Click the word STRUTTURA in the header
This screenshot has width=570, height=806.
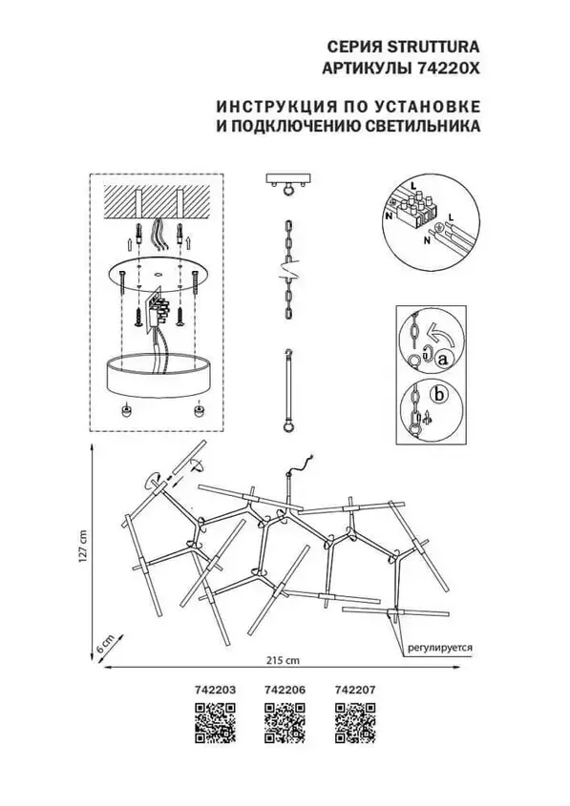pyautogui.click(x=433, y=47)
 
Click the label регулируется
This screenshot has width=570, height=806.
pyautogui.click(x=440, y=647)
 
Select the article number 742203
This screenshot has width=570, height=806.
pyautogui.click(x=216, y=690)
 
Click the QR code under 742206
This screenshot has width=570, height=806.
pyautogui.click(x=285, y=723)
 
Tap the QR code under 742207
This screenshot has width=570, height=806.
pyautogui.click(x=355, y=723)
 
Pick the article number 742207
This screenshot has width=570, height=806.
pyautogui.click(x=355, y=690)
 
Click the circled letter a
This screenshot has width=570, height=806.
pyautogui.click(x=442, y=361)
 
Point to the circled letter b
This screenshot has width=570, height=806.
pyautogui.click(x=439, y=394)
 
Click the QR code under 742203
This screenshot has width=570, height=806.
pyautogui.click(x=216, y=723)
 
